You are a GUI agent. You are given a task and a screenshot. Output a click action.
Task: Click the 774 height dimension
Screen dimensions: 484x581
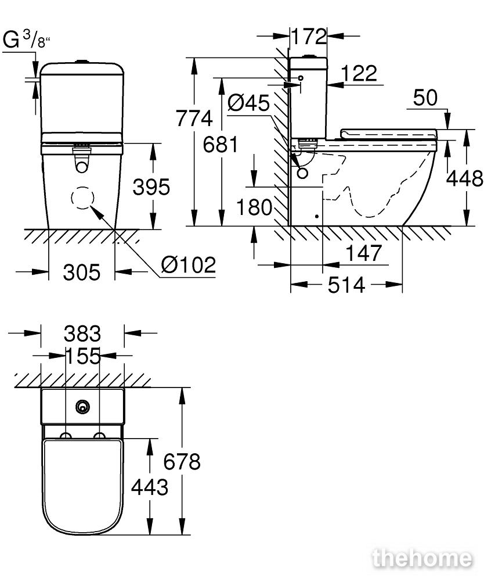(x=194, y=119)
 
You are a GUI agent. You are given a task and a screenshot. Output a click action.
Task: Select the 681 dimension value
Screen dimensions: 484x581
(x=221, y=144)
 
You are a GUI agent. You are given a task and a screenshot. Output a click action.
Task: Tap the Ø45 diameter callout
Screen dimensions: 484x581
(x=248, y=102)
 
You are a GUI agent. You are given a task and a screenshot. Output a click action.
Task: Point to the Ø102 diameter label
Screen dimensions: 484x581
(x=189, y=264)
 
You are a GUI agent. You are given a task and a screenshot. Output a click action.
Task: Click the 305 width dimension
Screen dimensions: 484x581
(x=82, y=272)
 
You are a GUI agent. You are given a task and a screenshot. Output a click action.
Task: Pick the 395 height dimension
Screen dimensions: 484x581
(x=151, y=187)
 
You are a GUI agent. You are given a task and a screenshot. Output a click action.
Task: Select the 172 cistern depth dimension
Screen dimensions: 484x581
(x=309, y=36)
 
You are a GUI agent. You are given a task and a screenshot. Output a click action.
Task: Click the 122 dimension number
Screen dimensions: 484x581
(x=359, y=73)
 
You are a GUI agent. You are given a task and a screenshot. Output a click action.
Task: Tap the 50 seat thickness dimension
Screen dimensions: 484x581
(x=425, y=98)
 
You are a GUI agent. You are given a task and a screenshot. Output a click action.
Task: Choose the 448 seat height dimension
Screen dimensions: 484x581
(x=465, y=178)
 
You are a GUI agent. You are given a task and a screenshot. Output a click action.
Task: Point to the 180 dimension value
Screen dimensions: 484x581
(x=254, y=207)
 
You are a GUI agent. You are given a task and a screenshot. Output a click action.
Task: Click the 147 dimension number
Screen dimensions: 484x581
(x=363, y=253)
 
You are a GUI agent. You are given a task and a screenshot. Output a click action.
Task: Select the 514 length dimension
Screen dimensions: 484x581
(x=346, y=285)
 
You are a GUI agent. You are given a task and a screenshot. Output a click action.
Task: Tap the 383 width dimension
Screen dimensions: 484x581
(x=82, y=333)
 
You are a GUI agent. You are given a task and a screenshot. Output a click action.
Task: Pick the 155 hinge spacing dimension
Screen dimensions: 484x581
(x=83, y=356)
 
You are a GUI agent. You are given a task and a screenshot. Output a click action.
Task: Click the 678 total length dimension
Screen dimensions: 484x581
(x=182, y=462)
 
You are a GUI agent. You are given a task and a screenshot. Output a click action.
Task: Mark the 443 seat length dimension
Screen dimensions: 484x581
(x=150, y=487)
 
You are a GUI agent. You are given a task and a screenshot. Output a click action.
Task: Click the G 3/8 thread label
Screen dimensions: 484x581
(x=26, y=40)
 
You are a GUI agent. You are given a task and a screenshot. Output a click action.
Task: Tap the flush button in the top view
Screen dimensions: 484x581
(x=83, y=407)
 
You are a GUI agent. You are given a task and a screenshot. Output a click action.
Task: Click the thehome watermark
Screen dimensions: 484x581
(x=422, y=558)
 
